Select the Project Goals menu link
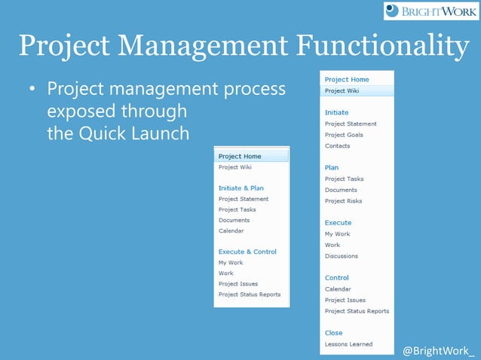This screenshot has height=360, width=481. (343, 135)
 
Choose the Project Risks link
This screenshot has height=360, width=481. (343, 201)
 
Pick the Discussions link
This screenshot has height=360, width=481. (341, 256)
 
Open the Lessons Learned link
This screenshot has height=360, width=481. (348, 344)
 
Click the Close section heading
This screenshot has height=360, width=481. (333, 333)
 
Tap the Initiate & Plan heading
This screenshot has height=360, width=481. (240, 188)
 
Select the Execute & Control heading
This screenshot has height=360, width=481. (247, 252)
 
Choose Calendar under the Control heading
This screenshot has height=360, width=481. (337, 289)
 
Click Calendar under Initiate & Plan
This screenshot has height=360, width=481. (231, 231)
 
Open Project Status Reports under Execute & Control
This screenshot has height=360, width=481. (249, 294)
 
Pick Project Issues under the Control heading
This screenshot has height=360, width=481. (345, 300)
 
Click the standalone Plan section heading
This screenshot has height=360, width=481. (331, 167)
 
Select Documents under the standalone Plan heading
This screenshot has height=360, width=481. (341, 190)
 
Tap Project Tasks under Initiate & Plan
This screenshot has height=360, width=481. (237, 209)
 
